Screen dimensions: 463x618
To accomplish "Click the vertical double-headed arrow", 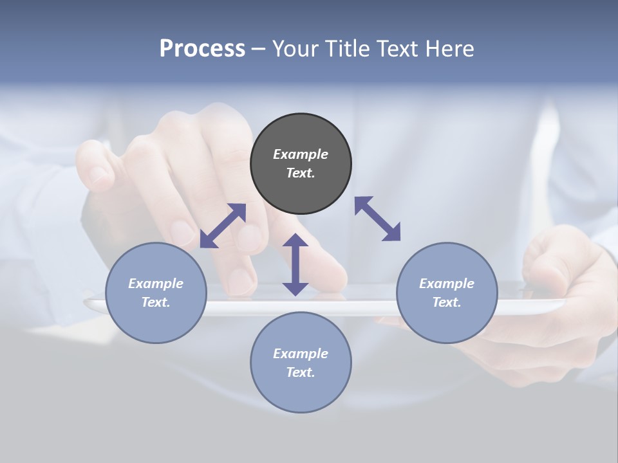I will click(x=295, y=265).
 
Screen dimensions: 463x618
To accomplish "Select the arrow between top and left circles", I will click(x=223, y=226).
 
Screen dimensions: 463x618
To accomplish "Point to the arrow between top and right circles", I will click(x=378, y=219).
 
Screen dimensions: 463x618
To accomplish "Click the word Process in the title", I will click(x=202, y=48).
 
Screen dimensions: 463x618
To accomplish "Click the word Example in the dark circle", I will click(x=301, y=154).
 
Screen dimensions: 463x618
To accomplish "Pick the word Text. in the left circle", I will click(x=156, y=302).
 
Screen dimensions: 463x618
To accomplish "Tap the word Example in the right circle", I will click(x=447, y=284).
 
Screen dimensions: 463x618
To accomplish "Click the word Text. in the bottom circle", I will click(x=301, y=372).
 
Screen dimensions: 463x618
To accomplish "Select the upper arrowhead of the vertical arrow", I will click(x=295, y=242).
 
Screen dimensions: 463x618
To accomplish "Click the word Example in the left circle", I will click(x=156, y=284).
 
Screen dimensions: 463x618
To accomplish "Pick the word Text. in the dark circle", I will click(x=301, y=173).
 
